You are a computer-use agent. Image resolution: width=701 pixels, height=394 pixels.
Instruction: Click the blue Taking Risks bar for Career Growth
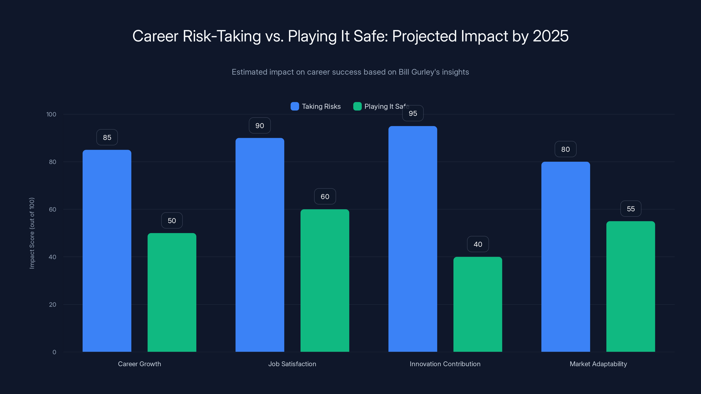point(107,250)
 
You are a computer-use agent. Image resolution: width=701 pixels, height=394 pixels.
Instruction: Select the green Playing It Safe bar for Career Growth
point(172,292)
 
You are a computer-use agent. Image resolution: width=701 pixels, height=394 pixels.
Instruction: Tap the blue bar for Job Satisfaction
point(260,245)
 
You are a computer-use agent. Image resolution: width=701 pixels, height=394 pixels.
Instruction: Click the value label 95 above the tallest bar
point(413,113)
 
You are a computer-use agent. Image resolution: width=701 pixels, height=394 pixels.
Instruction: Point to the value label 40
point(478,244)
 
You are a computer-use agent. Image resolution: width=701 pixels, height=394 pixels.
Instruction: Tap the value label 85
point(107,137)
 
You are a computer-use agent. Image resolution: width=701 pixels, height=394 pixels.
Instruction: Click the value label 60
point(325,196)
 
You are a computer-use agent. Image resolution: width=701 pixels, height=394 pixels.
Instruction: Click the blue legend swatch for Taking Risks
point(295,106)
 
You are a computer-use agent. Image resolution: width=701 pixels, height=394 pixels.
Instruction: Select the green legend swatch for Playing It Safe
point(357,106)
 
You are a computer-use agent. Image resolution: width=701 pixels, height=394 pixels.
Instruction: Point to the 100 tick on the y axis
point(51,114)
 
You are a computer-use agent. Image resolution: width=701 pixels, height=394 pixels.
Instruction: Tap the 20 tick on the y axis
point(53,304)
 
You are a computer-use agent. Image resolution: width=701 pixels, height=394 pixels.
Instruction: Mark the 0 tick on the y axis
point(54,352)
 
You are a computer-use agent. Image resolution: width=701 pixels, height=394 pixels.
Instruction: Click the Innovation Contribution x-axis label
point(445,364)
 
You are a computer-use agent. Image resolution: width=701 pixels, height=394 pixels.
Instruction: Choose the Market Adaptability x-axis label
point(598,364)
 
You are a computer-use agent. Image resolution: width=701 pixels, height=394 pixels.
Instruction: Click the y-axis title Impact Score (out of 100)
point(32,233)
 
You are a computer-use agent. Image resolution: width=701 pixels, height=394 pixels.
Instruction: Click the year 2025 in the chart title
point(551,36)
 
